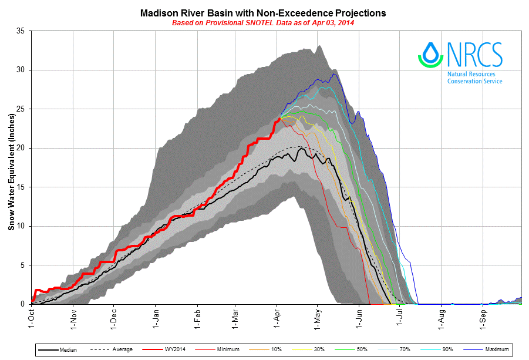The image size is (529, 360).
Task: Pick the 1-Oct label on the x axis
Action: click(x=32, y=318)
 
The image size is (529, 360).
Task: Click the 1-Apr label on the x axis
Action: click(x=277, y=318)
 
